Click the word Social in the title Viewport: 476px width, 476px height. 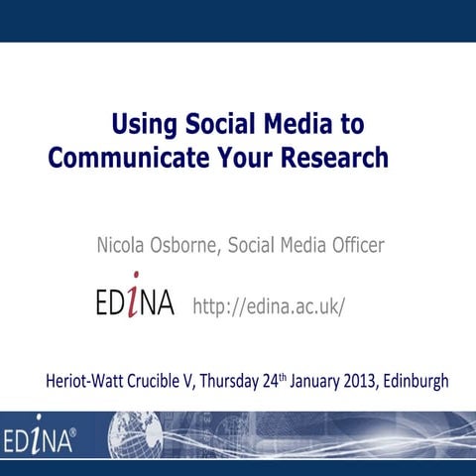click(x=217, y=125)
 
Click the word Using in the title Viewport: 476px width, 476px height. click(x=144, y=125)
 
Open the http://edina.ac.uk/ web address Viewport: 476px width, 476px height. click(x=269, y=305)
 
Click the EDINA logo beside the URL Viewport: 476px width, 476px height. click(x=134, y=300)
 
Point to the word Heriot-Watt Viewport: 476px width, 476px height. click(x=85, y=380)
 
